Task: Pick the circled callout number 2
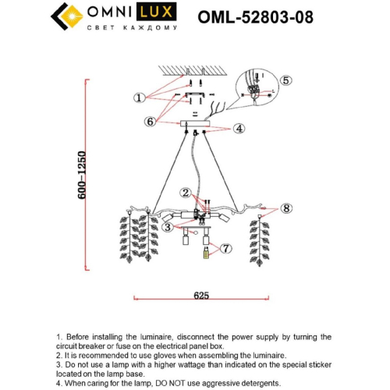coord(185,192)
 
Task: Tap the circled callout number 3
coord(167,227)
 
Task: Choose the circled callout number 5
coord(285,80)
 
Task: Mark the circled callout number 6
coord(150,121)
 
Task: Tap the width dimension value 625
coord(201,296)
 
